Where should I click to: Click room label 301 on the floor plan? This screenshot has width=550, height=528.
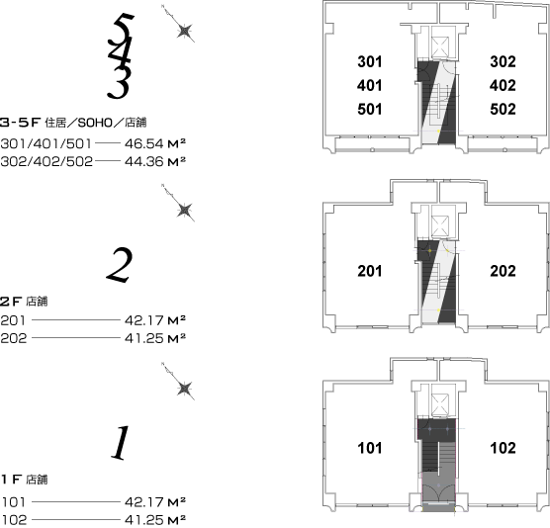click(x=370, y=61)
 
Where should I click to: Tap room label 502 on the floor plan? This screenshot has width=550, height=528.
click(x=503, y=109)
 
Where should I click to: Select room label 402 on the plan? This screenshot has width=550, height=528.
click(x=503, y=86)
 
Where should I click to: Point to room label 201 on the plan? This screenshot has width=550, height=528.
click(x=370, y=271)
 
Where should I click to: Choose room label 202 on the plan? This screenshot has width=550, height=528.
click(x=503, y=271)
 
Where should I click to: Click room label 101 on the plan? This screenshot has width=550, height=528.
click(x=370, y=448)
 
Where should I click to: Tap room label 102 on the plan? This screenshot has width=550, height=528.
click(x=503, y=448)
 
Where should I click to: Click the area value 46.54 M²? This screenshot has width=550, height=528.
click(x=155, y=143)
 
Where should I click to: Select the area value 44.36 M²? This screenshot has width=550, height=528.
click(x=155, y=161)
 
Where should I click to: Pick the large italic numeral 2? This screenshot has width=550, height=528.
click(x=120, y=265)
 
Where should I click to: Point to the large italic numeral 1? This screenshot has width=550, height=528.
click(x=121, y=442)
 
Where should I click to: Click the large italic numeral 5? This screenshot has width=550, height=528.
click(x=124, y=27)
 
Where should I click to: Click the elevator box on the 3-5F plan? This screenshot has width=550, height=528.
click(x=440, y=46)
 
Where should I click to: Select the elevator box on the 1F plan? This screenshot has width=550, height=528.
click(x=440, y=403)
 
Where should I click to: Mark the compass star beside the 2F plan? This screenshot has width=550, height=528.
click(x=185, y=211)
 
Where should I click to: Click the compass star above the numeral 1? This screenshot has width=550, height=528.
click(x=185, y=389)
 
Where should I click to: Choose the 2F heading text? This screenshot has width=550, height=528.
click(x=24, y=302)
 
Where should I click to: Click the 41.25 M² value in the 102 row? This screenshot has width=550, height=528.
click(x=155, y=519)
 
